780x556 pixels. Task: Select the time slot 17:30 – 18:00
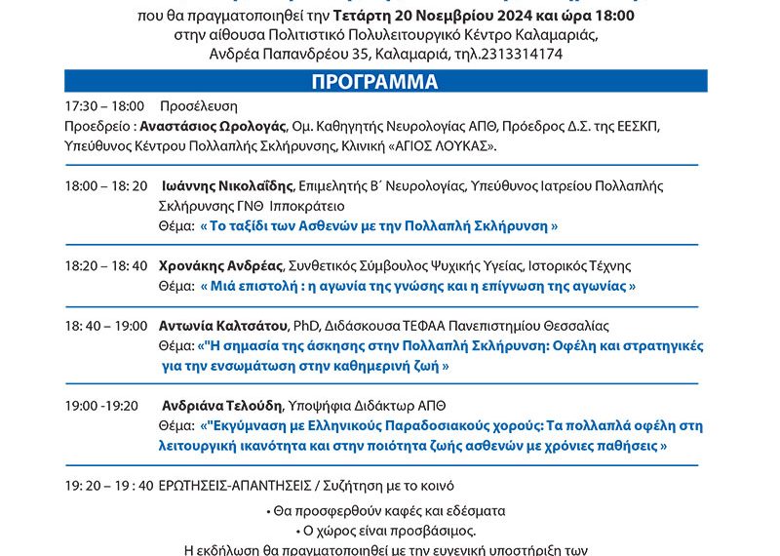click(104, 105)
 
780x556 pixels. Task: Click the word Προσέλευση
click(199, 105)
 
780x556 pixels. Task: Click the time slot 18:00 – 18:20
click(106, 185)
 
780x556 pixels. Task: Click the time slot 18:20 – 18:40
click(106, 265)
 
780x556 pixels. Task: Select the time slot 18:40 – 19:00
click(106, 326)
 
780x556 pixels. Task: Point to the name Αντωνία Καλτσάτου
click(218, 326)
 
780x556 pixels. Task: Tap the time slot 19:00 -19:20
click(101, 406)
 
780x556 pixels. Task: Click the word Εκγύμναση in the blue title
click(249, 426)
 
